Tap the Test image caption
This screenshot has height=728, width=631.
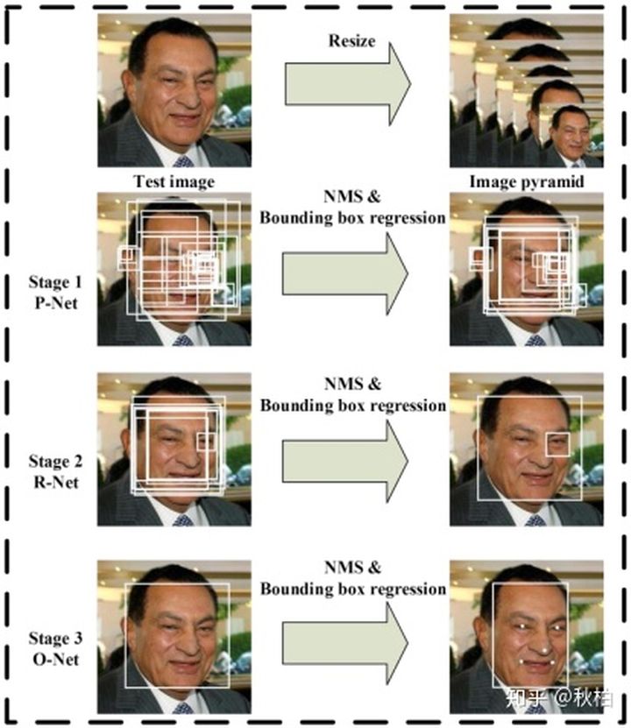(174, 181)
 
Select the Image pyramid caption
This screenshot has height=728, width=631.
(524, 181)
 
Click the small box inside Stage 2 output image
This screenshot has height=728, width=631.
(558, 443)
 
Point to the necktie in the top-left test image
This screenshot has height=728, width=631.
(183, 161)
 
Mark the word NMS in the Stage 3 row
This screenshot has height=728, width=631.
(352, 564)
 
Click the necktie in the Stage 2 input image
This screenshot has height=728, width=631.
(183, 519)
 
